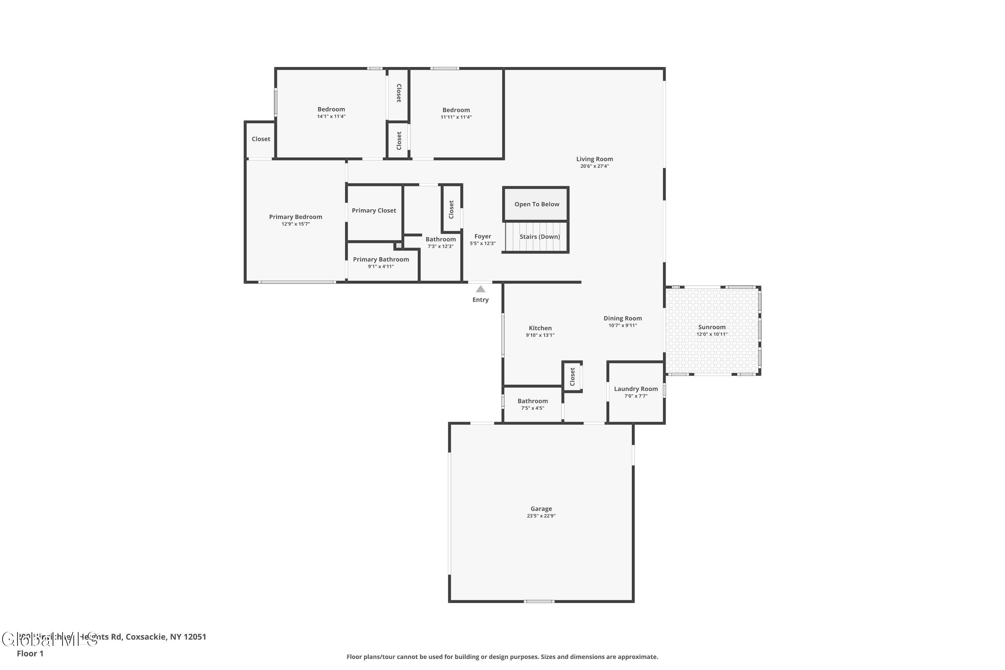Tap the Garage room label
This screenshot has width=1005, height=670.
pos(541,509)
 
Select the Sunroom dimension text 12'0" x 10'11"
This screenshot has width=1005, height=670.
pos(712,334)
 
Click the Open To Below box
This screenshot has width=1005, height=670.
pos(536,204)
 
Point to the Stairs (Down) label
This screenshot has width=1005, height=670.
pos(539,237)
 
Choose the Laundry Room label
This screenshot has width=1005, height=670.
pos(635,389)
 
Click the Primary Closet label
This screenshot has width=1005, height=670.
pos(374,210)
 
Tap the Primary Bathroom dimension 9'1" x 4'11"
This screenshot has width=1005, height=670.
pos(381,267)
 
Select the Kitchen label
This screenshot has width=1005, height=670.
pos(540,328)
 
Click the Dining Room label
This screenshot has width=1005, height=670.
pos(622,318)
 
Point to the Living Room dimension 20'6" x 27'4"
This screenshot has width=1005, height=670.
pos(594,166)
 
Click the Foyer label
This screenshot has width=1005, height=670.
pos(482,236)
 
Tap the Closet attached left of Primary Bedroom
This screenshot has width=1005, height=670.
pos(261,139)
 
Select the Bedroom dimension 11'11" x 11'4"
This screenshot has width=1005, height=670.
pos(456,117)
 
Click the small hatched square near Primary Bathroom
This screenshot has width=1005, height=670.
pos(398,245)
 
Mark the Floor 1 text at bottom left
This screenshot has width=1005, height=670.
pos(30,653)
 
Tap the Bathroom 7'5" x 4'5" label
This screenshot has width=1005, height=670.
pos(532,401)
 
